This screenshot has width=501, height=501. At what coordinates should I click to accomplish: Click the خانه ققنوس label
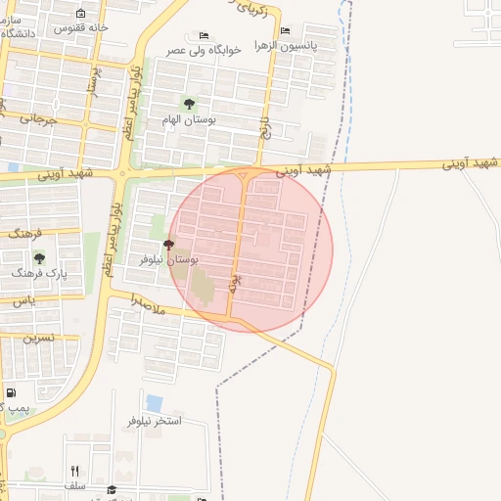coord(103,26)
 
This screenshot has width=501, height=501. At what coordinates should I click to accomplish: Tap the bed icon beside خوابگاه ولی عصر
coord(204,36)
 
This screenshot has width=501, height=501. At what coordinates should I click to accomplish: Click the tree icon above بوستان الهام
coord(189,104)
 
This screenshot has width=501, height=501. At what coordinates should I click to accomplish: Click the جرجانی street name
coord(32,118)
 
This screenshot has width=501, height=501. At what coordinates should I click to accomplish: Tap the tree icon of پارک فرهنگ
coord(39,258)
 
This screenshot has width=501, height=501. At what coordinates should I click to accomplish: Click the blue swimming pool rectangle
coord(154,402)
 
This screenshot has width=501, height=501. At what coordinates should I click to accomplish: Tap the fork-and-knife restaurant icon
coord(74,471)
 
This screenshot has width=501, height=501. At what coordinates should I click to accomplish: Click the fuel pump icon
coord(11,393)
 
